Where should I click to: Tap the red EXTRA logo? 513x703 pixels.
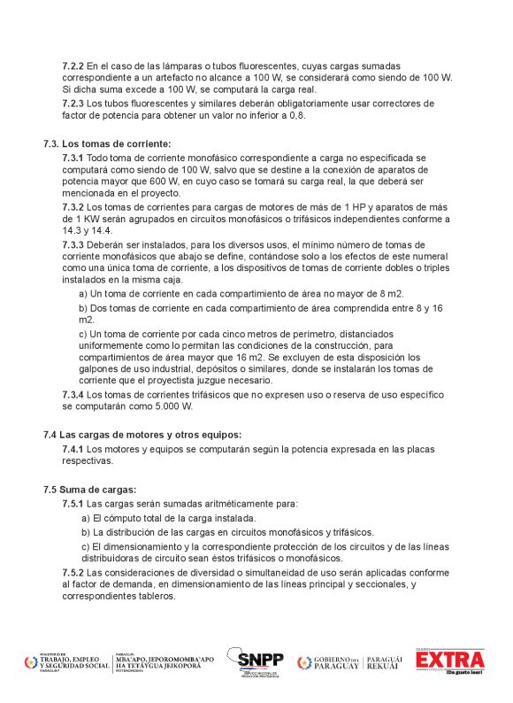(x=451, y=661)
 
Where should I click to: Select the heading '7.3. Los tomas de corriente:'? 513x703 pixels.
(x=107, y=143)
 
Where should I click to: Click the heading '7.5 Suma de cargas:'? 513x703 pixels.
(x=89, y=489)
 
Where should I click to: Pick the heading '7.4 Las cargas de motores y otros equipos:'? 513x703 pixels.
(x=142, y=434)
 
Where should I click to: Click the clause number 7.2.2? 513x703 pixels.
(x=73, y=66)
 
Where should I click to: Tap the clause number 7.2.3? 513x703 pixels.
(x=73, y=104)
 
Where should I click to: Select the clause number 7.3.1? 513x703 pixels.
(x=73, y=157)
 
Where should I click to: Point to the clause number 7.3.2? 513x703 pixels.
(x=73, y=206)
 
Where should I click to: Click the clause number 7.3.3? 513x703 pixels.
(x=73, y=244)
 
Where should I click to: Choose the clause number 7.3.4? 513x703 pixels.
(x=73, y=394)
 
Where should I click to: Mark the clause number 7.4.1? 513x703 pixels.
(x=73, y=449)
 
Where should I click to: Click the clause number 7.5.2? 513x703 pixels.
(x=73, y=573)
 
